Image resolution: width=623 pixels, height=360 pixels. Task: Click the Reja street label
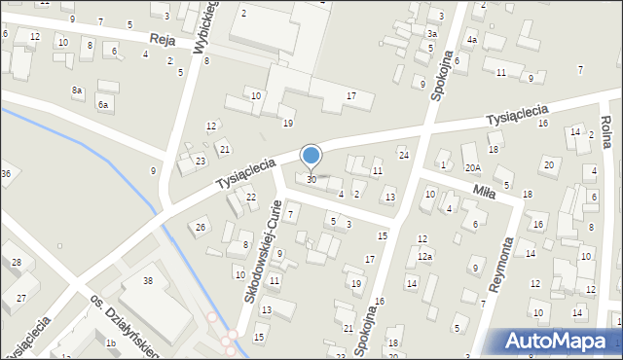pyautogui.click(x=162, y=39)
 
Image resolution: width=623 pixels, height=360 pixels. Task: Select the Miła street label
pyautogui.click(x=483, y=192)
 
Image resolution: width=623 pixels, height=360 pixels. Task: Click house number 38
pyautogui.click(x=148, y=280)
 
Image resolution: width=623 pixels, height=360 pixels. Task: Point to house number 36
pyautogui.click(x=5, y=173)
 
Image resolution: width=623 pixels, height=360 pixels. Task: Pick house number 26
pyautogui.click(x=201, y=227)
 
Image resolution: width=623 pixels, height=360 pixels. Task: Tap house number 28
pyautogui.click(x=16, y=263)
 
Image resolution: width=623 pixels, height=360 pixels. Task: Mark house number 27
pyautogui.click(x=20, y=299)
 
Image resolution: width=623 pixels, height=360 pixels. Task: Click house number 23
pyautogui.click(x=201, y=162)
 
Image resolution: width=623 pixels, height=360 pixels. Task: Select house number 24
pyautogui.click(x=403, y=155)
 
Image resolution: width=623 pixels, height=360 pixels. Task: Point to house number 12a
pyautogui.click(x=424, y=256)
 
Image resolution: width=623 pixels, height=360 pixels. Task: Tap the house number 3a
pyautogui.click(x=431, y=33)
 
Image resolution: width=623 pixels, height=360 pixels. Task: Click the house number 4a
pyautogui.click(x=471, y=40)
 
